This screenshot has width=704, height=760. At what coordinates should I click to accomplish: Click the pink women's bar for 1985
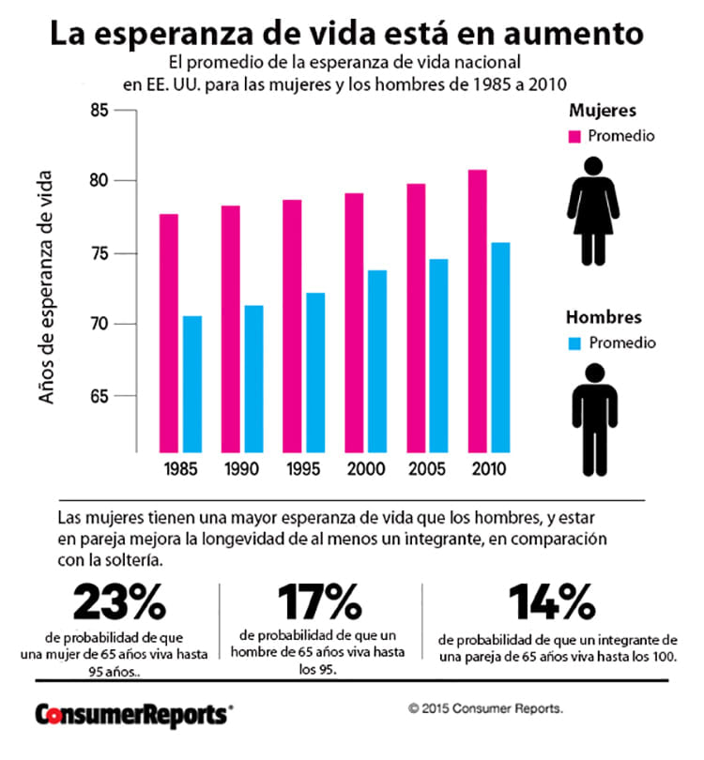click(169, 332)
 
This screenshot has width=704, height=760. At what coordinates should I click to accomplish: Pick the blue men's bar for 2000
click(377, 360)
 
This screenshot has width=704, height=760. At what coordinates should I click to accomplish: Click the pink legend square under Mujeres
click(575, 137)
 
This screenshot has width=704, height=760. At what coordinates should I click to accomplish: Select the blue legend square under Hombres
click(575, 342)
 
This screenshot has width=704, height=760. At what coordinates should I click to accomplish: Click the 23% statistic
click(120, 601)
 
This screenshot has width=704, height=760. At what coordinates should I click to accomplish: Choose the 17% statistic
click(319, 601)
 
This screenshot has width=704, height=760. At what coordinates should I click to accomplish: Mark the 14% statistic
click(551, 601)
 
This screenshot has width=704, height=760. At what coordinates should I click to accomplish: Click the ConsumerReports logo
click(131, 714)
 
